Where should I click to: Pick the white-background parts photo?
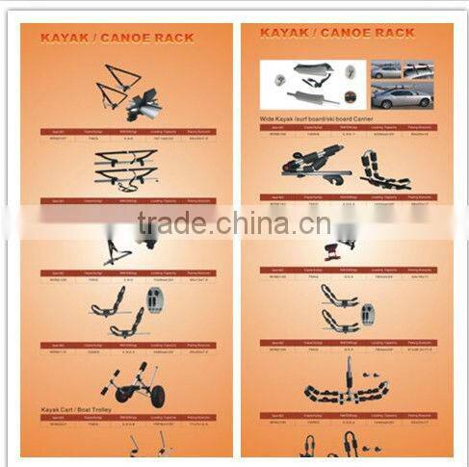click(x=313, y=84)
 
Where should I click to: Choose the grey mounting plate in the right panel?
click(x=368, y=314)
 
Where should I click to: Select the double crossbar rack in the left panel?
click(x=125, y=170)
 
